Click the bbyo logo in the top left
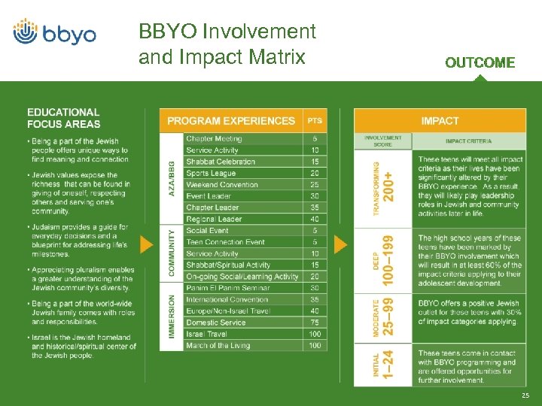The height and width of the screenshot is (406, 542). pyautogui.click(x=54, y=32)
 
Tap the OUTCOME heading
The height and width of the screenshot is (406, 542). pyautogui.click(x=480, y=63)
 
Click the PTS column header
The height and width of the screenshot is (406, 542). pyautogui.click(x=315, y=120)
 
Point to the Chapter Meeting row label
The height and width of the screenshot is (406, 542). pyautogui.click(x=214, y=139)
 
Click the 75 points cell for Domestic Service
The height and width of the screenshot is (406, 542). pyautogui.click(x=314, y=323)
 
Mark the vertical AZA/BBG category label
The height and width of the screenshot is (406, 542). pyautogui.click(x=172, y=179)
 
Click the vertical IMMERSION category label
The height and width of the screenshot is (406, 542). pyautogui.click(x=172, y=317)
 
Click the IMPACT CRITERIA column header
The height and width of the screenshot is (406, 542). pyautogui.click(x=468, y=141)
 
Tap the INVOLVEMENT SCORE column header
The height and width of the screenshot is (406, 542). pyautogui.click(x=383, y=141)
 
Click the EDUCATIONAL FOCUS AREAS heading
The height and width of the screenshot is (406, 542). pyautogui.click(x=63, y=118)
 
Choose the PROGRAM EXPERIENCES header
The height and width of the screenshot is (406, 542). pyautogui.click(x=231, y=120)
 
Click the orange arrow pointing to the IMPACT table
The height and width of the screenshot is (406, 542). pyautogui.click(x=341, y=244)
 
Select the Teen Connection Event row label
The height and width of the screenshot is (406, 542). pyautogui.click(x=225, y=242)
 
